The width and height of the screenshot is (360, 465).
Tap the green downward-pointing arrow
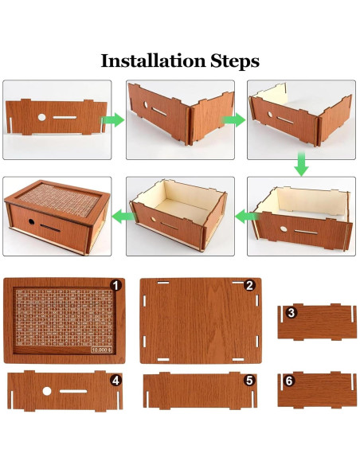[301, 164]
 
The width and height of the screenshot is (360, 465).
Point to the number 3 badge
[292, 313]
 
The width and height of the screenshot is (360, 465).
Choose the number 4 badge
[115, 381]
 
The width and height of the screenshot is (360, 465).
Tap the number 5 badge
[249, 381]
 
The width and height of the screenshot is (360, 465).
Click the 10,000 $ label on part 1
[101, 350]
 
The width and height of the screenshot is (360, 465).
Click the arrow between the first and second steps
[113, 120]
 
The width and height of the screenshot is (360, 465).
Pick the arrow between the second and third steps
[233, 120]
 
